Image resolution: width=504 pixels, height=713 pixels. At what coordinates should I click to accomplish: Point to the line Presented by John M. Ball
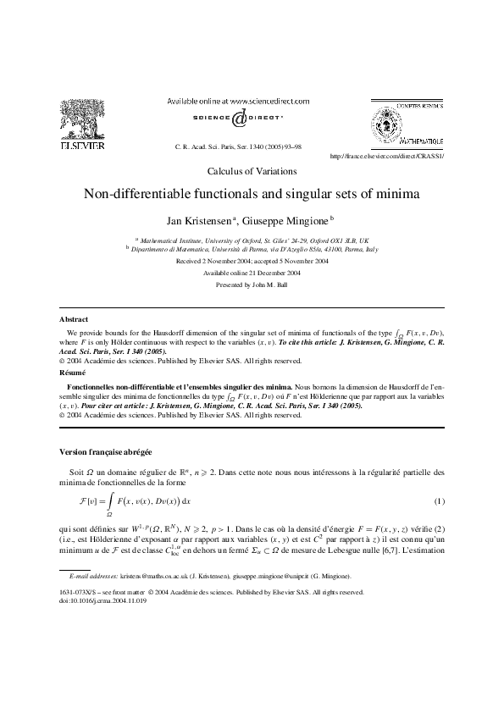[x=252, y=285]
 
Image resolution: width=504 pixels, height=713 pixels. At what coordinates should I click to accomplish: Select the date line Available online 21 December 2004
[x=252, y=274]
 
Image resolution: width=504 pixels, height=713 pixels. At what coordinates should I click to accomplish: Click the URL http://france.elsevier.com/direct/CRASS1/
[x=386, y=157]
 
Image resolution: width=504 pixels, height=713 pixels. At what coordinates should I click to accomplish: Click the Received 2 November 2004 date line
[x=252, y=262]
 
